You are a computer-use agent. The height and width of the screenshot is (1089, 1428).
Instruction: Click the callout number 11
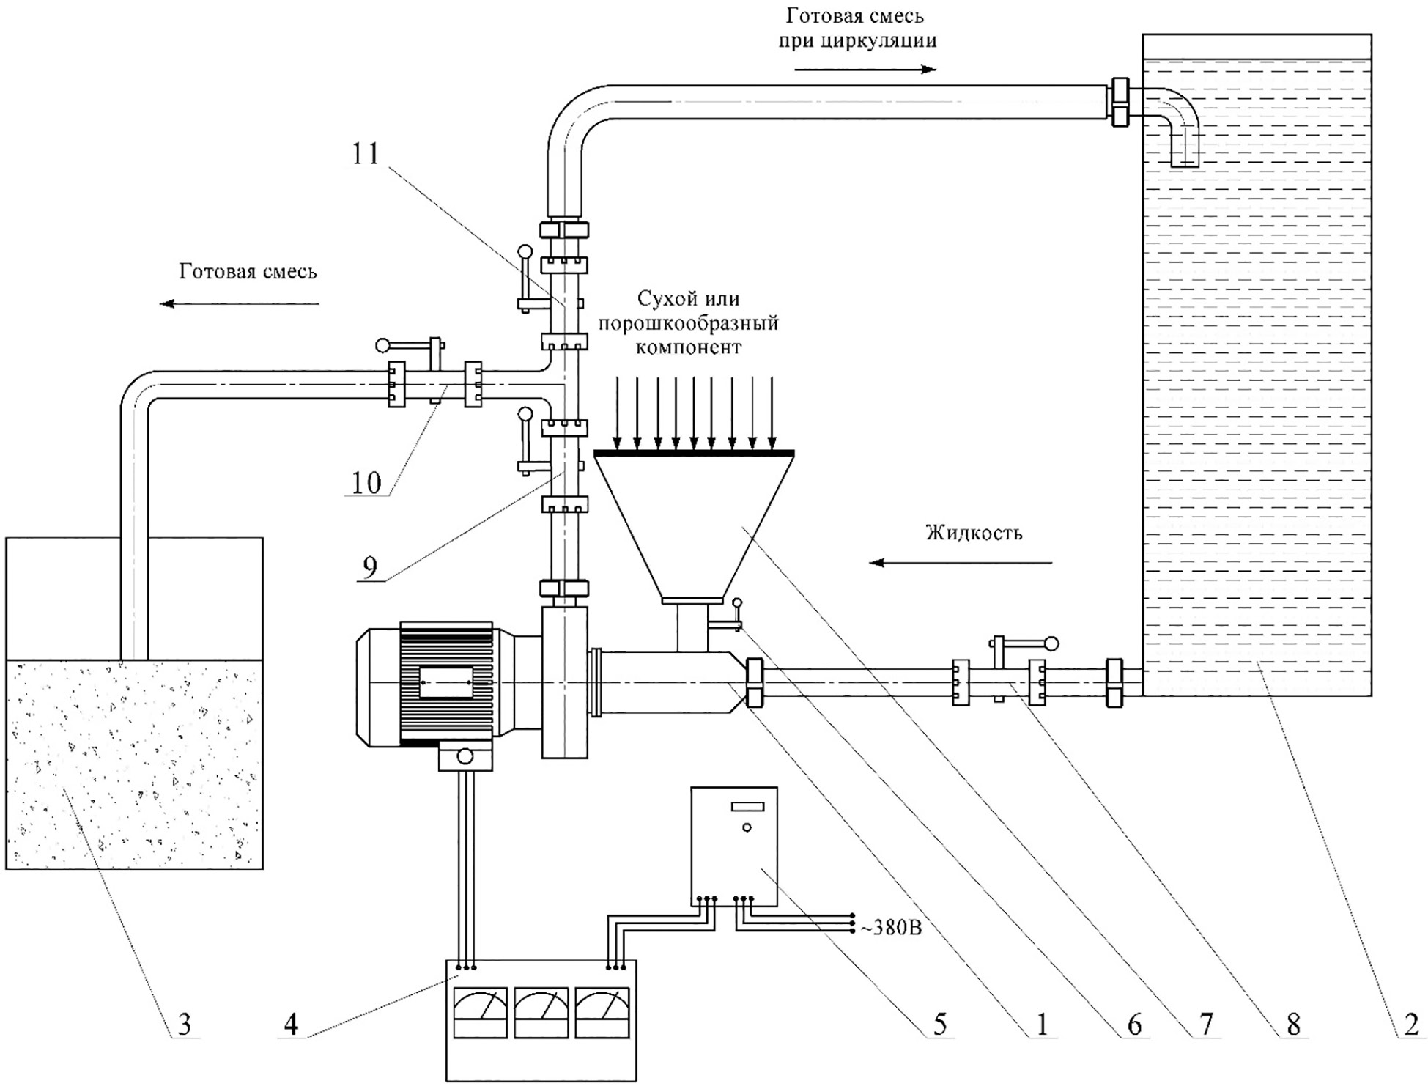(x=366, y=154)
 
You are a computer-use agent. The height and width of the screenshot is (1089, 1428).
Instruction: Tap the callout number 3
(x=185, y=1023)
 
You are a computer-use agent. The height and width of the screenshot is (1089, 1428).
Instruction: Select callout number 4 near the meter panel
(x=291, y=1023)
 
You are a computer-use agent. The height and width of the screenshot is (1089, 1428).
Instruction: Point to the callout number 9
(x=371, y=566)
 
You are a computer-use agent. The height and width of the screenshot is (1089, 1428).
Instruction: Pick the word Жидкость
(x=974, y=533)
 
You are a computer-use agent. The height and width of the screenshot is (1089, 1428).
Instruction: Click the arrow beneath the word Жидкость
(x=961, y=562)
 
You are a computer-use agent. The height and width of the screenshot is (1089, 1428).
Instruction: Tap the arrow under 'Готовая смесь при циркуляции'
(x=865, y=70)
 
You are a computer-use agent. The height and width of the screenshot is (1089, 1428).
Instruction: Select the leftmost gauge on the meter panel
(x=481, y=1012)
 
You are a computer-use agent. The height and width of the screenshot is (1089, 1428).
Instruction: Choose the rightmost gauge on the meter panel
(x=602, y=1012)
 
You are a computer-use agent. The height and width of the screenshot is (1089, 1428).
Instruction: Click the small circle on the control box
(x=747, y=827)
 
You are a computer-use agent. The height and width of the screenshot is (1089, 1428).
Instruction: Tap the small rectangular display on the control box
(x=747, y=806)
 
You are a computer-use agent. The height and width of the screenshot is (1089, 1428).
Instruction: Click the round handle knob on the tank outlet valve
(x=1051, y=643)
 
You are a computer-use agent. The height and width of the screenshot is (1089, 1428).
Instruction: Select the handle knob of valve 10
(x=382, y=344)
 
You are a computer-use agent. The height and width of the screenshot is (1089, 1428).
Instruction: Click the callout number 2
(x=1410, y=1023)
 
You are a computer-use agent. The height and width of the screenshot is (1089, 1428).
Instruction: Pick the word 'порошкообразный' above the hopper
(x=688, y=323)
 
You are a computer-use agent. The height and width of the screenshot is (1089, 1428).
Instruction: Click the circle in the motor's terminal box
(x=465, y=756)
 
